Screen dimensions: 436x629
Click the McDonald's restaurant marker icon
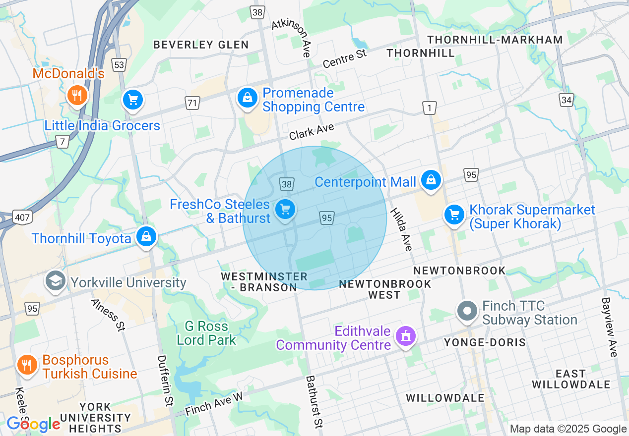coord(76,95)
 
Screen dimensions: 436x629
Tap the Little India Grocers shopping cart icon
coord(132,100)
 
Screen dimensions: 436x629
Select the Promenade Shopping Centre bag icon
coord(247,98)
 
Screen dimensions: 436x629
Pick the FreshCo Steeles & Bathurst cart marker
coord(285,209)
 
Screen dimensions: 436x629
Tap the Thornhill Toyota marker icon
coord(146,236)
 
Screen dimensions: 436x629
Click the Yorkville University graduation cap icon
coord(56,280)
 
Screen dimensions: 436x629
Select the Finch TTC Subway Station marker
coord(467,311)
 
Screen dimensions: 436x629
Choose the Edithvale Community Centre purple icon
coord(406,336)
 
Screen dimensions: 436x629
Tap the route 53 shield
coord(119,65)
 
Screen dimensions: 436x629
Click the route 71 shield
coord(192,103)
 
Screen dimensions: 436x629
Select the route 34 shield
coord(566,101)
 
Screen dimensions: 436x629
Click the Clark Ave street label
coord(312,132)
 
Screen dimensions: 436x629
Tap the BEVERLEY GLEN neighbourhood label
coord(201,45)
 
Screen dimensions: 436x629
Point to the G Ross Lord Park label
coord(206,333)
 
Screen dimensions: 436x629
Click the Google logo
coord(33,424)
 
